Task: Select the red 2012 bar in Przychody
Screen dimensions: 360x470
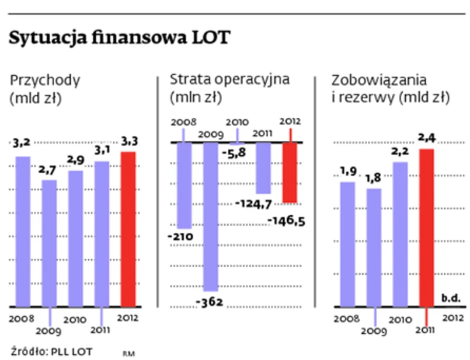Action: click(128, 229)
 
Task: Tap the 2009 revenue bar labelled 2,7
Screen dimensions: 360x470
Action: click(50, 243)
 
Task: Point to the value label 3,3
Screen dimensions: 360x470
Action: click(128, 141)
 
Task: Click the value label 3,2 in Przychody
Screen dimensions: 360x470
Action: click(22, 142)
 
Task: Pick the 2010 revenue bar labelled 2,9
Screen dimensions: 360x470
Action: click(75, 238)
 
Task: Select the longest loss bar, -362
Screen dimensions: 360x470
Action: click(211, 216)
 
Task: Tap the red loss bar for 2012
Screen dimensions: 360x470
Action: click(290, 173)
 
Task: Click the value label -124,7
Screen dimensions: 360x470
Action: click(255, 204)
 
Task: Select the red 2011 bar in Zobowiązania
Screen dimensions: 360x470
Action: click(427, 228)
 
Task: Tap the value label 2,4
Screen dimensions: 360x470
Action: click(427, 139)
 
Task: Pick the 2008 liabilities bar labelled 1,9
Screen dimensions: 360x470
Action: click(347, 244)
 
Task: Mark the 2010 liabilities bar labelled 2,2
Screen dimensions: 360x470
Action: click(400, 233)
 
